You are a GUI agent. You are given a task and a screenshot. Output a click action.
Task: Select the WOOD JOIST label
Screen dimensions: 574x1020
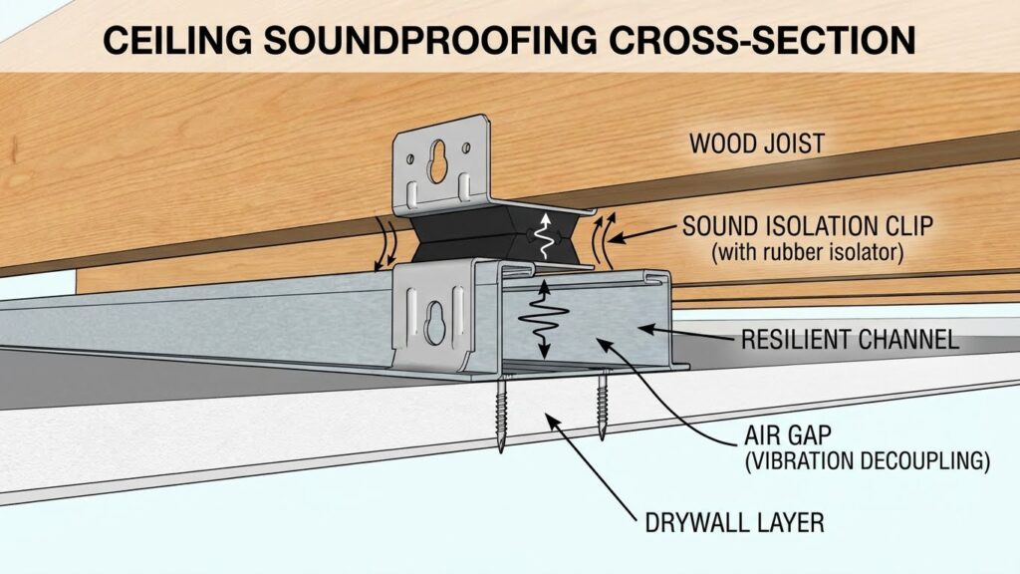click(x=756, y=143)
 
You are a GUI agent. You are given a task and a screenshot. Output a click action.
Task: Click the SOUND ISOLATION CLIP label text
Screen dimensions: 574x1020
click(x=807, y=226)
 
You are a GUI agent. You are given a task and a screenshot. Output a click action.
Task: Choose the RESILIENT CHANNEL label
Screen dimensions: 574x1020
click(x=850, y=339)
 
